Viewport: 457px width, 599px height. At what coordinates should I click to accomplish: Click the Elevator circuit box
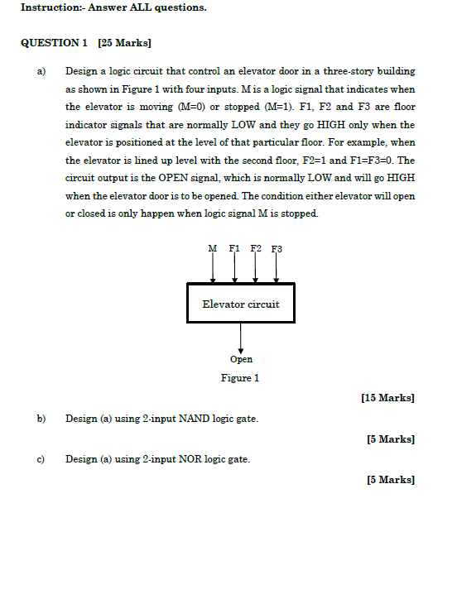[240, 304]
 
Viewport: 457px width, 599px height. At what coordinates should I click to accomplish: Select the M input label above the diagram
[213, 248]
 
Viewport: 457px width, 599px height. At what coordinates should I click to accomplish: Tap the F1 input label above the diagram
[234, 248]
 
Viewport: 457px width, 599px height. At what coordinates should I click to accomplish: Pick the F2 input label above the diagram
[256, 248]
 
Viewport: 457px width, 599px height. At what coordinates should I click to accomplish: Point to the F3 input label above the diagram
[277, 248]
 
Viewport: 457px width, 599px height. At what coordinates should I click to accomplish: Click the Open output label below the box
[241, 359]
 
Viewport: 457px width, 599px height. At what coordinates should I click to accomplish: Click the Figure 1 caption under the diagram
[240, 378]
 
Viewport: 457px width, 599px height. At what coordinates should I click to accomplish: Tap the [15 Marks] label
[388, 398]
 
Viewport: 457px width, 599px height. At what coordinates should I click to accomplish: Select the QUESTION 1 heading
[54, 42]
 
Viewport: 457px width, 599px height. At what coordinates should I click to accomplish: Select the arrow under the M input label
[214, 268]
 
